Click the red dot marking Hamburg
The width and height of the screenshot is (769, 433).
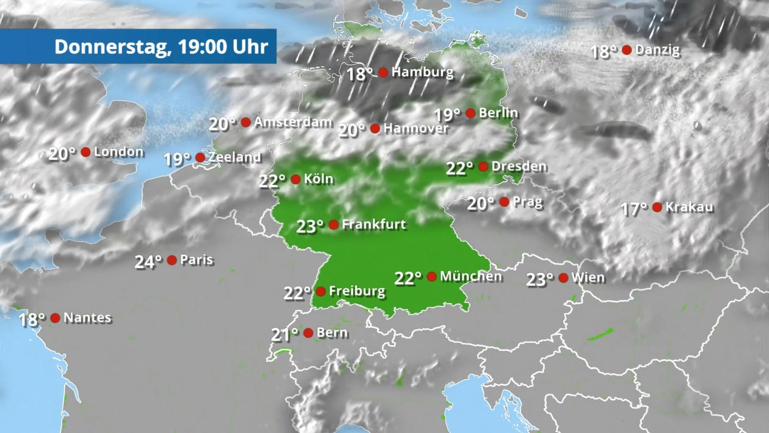[383, 72]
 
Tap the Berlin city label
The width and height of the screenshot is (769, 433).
[498, 113]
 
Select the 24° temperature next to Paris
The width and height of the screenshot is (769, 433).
[148, 262]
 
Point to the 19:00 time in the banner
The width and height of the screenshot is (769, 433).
[202, 47]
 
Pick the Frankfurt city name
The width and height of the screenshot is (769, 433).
[374, 224]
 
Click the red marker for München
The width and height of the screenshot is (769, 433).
[432, 277]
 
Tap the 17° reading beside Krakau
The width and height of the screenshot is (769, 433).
[634, 209]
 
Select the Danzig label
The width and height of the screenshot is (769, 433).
[657, 50]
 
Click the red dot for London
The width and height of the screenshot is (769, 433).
[86, 152]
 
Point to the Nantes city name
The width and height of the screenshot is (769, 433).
[87, 318]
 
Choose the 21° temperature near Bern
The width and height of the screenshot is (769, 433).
[284, 334]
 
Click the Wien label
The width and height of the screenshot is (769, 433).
[588, 278]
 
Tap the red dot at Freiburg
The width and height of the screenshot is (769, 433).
[321, 291]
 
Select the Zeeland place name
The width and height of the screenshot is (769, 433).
[235, 157]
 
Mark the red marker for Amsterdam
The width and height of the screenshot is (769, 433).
[246, 122]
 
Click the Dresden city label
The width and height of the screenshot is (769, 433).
[519, 166]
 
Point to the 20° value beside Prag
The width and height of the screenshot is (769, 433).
[480, 204]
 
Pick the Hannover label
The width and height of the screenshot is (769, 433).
[416, 128]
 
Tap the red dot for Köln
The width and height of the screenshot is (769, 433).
[295, 179]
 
